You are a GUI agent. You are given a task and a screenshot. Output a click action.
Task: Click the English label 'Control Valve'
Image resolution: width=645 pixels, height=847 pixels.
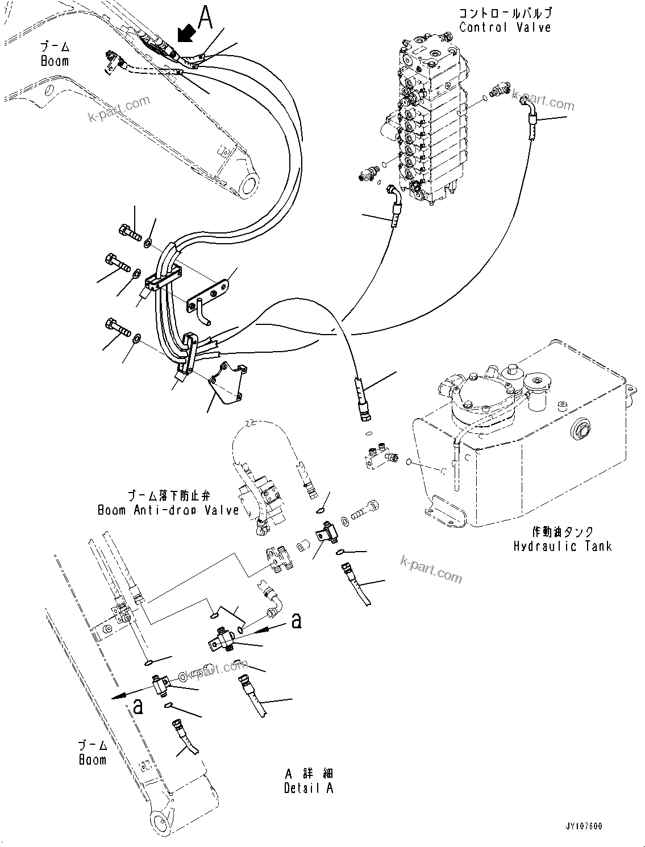(x=505, y=27)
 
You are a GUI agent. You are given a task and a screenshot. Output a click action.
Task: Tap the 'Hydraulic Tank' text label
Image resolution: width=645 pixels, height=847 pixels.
(x=562, y=546)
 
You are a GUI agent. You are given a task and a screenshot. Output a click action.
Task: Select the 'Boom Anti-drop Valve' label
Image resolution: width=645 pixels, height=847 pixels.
(x=168, y=510)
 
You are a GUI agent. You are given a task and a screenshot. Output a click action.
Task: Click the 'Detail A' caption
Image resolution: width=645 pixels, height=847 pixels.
(x=309, y=788)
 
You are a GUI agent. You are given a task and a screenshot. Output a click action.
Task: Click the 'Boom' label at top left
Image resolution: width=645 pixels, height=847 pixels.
(x=55, y=61)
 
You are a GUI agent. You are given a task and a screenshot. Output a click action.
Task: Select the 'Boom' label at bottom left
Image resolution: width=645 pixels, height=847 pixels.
(x=92, y=760)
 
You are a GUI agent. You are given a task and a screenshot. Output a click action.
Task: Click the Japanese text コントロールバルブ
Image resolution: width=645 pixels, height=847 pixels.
(x=505, y=13)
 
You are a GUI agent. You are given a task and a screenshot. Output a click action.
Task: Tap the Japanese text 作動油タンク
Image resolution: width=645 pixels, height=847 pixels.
(x=563, y=532)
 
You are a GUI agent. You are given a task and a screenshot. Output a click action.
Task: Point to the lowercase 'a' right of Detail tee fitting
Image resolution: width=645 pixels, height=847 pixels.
(x=296, y=620)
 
